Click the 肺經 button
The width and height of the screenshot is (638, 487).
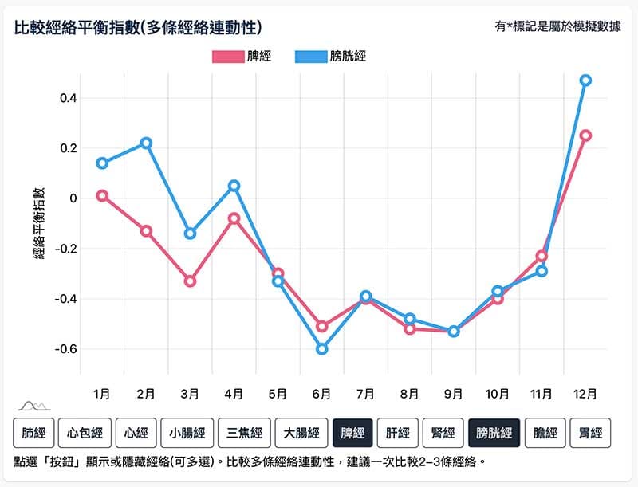33,433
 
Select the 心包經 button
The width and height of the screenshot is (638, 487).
85,433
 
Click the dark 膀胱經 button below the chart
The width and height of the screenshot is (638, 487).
494,433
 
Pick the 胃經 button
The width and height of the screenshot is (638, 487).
590,433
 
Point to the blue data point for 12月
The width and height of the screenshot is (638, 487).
585,81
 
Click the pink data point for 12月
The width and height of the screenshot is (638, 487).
585,135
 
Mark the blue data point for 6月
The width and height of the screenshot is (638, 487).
321,348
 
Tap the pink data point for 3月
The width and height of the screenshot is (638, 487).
190,281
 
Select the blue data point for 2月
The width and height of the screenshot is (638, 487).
146,143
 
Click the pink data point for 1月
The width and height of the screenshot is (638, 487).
102,195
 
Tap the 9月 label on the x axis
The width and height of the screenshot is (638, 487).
453,394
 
